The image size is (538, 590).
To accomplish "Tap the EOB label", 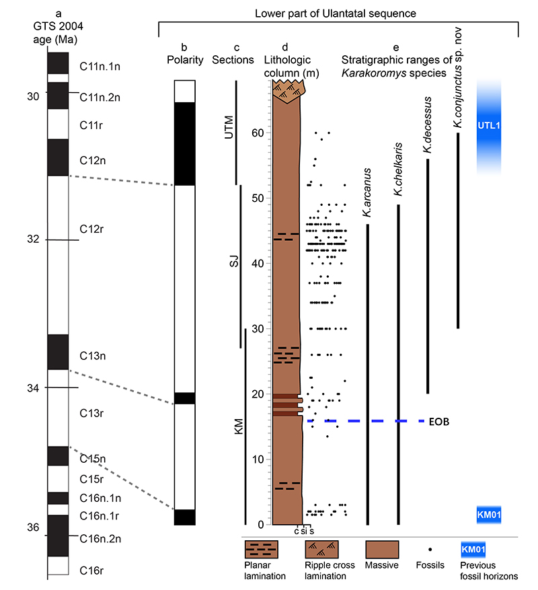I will pyautogui.click(x=438, y=422).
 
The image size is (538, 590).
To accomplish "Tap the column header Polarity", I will pyautogui.click(x=185, y=60).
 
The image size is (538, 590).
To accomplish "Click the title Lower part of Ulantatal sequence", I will pyautogui.click(x=336, y=13).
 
